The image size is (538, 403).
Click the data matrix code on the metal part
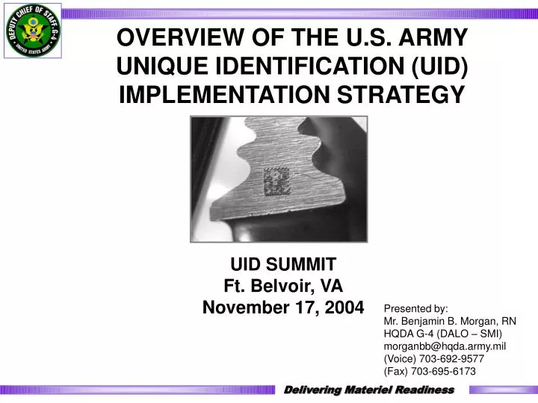click(275, 181)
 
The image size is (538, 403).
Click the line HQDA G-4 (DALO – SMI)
click(442, 334)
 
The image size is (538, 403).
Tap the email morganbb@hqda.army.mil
click(444, 346)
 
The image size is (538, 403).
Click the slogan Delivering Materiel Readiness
click(371, 390)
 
